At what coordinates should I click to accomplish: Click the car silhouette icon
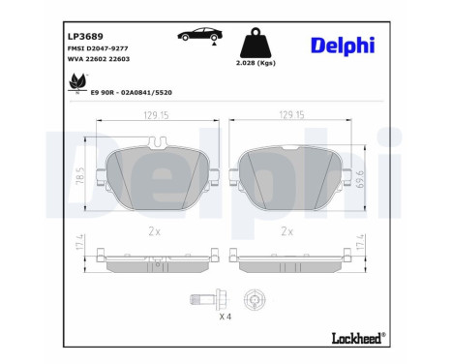197,37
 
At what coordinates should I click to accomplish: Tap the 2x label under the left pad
155,231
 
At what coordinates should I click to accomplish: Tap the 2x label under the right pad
286,231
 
